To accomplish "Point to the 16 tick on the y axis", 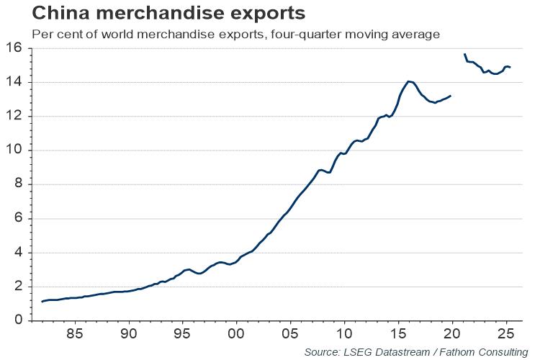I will click(14, 48).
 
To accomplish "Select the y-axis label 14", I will click(14, 82).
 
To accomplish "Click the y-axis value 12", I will click(14, 117).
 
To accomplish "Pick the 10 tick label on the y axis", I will click(14, 150).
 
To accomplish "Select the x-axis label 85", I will click(75, 335).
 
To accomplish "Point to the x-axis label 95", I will click(183, 335).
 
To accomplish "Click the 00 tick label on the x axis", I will click(236, 335).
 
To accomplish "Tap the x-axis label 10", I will click(344, 335).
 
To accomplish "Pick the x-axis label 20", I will click(451, 335).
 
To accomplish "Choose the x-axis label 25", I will click(505, 335).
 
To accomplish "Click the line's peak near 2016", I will click(409, 81).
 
